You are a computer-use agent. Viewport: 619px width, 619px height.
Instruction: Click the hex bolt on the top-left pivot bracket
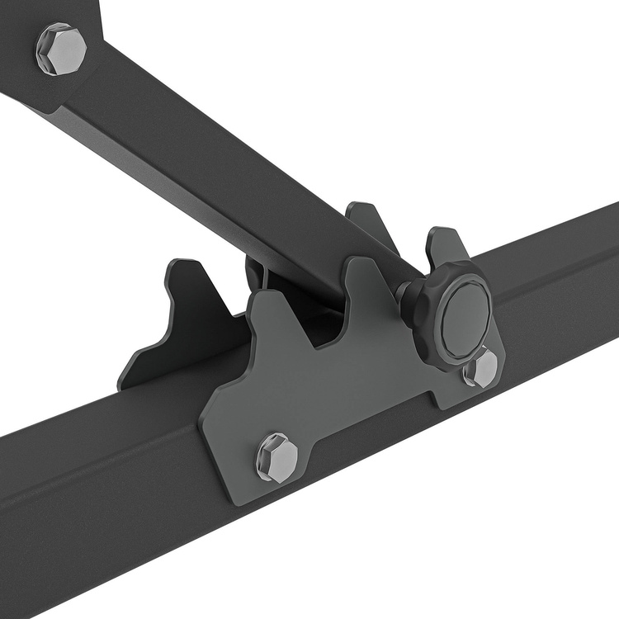(x=60, y=50)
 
